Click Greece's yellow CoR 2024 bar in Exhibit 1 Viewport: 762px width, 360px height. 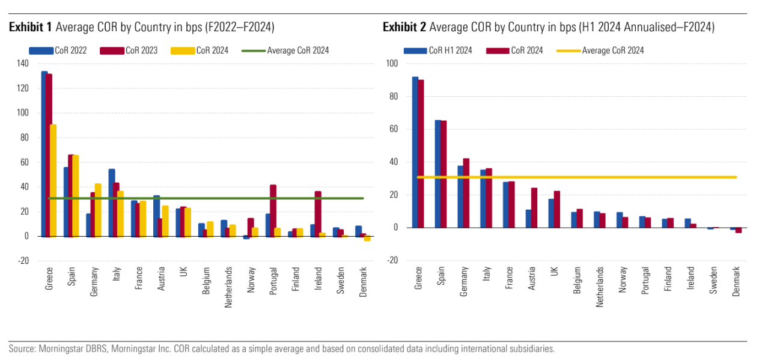tap(53, 180)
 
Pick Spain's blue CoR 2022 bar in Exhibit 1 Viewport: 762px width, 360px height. tap(67, 201)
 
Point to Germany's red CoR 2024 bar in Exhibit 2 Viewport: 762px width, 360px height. tap(466, 192)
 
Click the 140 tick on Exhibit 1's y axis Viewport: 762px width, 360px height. tap(22, 63)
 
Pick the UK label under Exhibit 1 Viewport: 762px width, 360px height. tap(183, 272)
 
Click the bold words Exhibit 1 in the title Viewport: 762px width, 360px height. tap(30, 26)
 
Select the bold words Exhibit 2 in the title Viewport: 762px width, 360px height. tap(404, 26)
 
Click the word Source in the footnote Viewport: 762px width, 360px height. tap(21, 349)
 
